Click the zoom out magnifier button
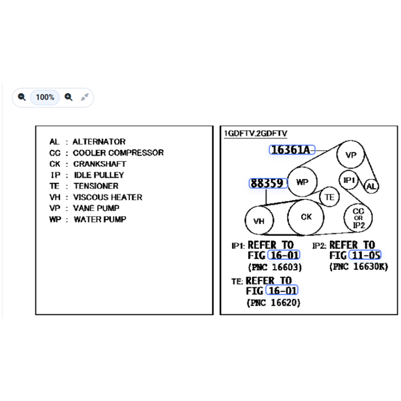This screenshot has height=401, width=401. [x=22, y=97]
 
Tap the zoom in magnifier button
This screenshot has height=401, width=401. [x=69, y=97]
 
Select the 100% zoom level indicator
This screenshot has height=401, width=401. [x=45, y=97]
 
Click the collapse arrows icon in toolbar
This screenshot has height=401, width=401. [x=85, y=97]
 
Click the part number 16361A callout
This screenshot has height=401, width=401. [x=292, y=150]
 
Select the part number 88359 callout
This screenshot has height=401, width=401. [x=268, y=183]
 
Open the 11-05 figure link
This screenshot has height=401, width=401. [x=365, y=255]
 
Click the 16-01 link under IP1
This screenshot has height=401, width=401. [x=284, y=255]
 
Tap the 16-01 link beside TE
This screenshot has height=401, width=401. [x=282, y=290]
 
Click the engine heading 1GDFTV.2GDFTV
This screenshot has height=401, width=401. [x=256, y=133]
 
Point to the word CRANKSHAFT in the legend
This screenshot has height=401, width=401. [x=100, y=164]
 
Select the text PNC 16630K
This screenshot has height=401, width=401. [x=358, y=267]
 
